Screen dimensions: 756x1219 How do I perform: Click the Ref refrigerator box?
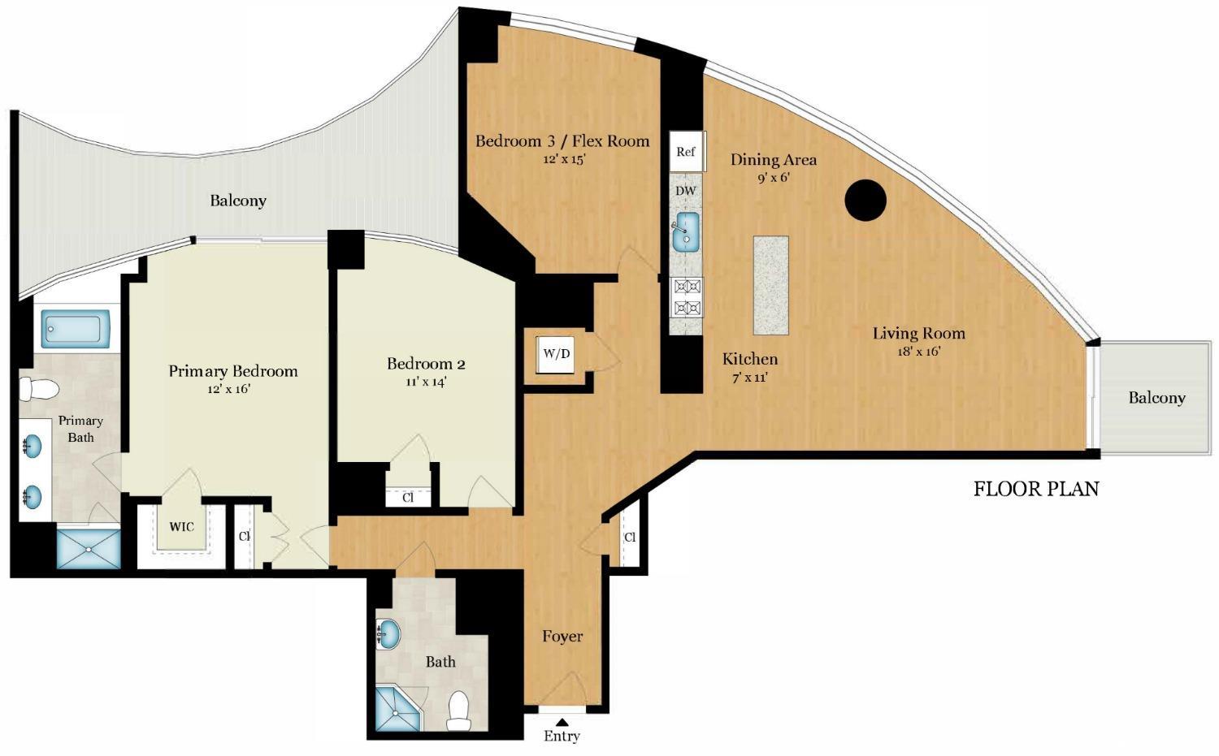click(686, 152)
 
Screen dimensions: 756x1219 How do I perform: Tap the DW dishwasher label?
click(686, 191)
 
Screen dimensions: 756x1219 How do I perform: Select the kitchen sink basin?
click(687, 232)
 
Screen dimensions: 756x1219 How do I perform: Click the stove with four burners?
click(687, 296)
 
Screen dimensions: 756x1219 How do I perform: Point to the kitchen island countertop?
click(770, 285)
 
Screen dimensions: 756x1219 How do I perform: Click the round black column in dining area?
click(865, 199)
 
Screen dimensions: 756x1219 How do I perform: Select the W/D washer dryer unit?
click(557, 354)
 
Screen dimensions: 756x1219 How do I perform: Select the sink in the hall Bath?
click(388, 633)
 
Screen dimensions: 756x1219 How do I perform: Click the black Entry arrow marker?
click(562, 720)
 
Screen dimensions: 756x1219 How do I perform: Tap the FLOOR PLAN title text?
click(1036, 489)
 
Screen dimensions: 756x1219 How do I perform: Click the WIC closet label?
click(181, 527)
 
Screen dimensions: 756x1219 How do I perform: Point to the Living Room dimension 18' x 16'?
click(918, 351)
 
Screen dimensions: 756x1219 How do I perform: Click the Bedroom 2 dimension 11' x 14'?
click(426, 381)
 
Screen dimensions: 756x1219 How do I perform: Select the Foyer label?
click(562, 636)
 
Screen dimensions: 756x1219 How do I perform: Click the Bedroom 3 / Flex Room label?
click(562, 140)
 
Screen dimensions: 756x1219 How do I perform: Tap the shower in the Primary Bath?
click(88, 549)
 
